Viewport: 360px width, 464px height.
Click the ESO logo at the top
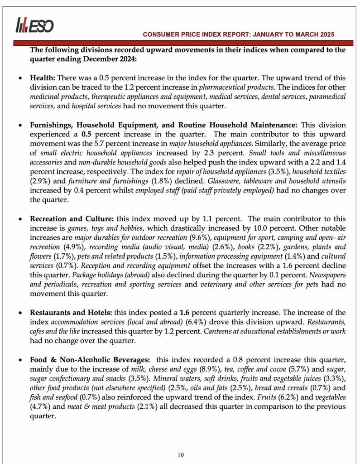[x=34, y=25]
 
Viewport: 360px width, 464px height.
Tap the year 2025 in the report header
[x=326, y=34]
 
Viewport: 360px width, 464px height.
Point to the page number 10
[x=181, y=455]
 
